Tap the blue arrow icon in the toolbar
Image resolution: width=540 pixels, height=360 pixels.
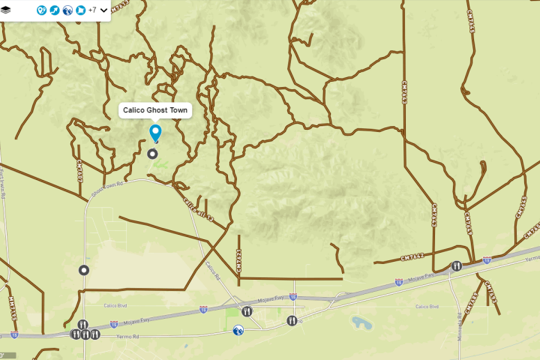point(55,10)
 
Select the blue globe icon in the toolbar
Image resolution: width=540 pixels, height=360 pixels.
point(67,10)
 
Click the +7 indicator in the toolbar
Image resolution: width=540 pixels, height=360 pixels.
point(91,10)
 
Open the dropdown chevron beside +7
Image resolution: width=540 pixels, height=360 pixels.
point(103,10)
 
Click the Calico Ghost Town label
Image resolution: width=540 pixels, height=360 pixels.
point(155,110)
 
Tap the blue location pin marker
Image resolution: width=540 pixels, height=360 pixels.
point(155,133)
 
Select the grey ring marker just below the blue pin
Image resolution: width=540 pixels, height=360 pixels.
point(153,154)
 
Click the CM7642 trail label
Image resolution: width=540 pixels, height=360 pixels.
point(411,256)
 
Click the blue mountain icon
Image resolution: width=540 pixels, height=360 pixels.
point(238,329)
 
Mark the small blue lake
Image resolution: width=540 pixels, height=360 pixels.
point(361,322)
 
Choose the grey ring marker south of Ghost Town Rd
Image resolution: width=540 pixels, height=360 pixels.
point(84,269)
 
